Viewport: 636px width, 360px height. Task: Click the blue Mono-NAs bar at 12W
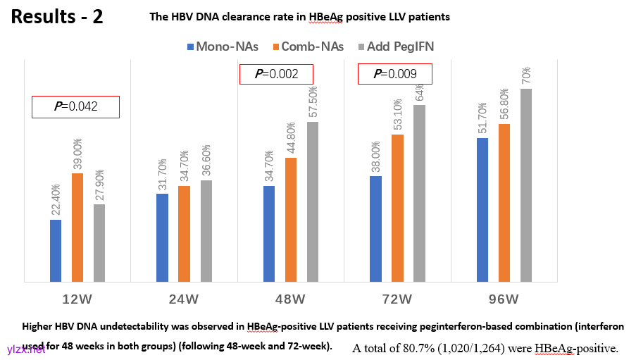[x=56, y=251]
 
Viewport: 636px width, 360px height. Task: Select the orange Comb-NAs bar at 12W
[x=77, y=228]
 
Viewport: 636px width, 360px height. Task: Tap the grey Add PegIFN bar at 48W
[x=312, y=202]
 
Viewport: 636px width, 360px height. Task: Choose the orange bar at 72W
[x=397, y=209]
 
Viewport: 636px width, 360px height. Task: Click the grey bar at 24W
[x=206, y=231]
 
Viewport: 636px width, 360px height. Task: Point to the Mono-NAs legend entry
[x=223, y=46]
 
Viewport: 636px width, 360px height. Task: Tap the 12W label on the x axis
[x=77, y=299]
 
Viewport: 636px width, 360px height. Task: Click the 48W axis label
[x=290, y=299]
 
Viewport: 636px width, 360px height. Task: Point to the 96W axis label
[x=504, y=299]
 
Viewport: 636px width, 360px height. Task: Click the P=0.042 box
[x=75, y=106]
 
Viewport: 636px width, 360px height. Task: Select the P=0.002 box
[x=275, y=74]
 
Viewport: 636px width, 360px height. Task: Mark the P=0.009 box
[x=394, y=73]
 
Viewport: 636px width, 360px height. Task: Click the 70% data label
[x=526, y=75]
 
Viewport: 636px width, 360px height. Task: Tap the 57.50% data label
[x=313, y=103]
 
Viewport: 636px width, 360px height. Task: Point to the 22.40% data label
[x=56, y=200]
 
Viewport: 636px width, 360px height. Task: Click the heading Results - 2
[x=57, y=17]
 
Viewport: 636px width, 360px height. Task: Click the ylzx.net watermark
[x=26, y=349]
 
